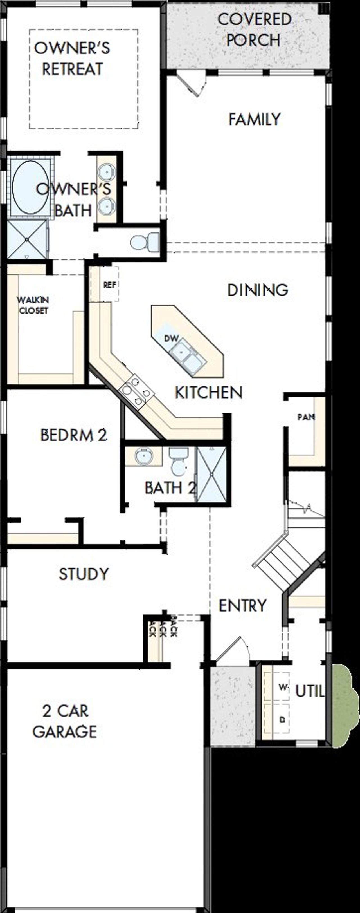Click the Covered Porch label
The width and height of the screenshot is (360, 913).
pos(254,30)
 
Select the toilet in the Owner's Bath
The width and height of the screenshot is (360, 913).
pos(145,242)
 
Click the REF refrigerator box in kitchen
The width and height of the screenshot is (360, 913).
pos(109,284)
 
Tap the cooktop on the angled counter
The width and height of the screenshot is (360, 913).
pos(136,391)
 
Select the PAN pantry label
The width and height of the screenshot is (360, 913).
pos(306,417)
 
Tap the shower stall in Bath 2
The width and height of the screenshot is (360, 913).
pos(211,474)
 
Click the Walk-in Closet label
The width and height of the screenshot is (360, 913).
pos(33,305)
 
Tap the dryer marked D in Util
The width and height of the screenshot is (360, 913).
pos(282,719)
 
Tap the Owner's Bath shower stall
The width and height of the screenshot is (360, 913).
pos(27,239)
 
